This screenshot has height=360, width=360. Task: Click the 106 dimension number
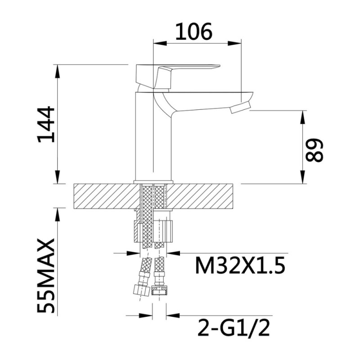pos(194,31)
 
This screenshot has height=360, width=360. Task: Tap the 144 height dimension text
pos(46,124)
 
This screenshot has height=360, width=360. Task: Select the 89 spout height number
pos(314,150)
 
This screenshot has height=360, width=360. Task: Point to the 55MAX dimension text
pos(46,276)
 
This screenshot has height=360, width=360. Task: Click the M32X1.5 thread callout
pos(240,265)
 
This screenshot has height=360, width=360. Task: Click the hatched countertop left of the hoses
pos(107,196)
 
